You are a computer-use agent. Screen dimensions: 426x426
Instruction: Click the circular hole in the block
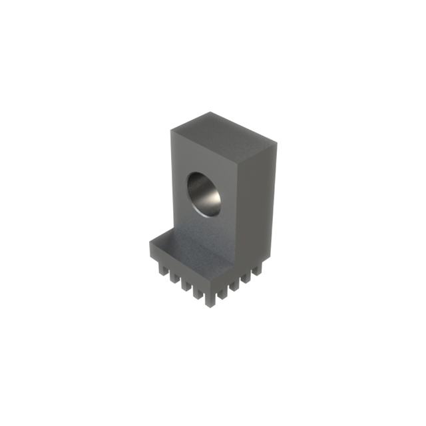205,194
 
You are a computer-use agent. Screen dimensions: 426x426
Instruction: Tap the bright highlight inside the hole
212,200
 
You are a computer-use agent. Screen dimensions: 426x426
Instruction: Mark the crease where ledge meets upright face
200,240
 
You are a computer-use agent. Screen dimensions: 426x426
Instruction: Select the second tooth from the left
172,276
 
